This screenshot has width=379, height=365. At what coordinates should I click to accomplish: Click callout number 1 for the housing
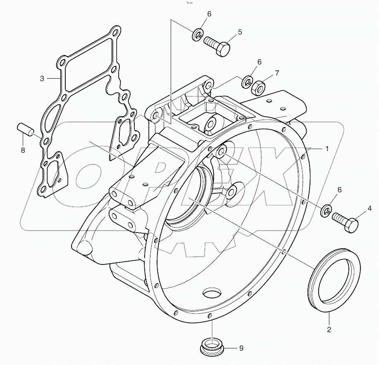point(327,148)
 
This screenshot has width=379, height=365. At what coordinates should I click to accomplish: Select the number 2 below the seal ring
point(329,330)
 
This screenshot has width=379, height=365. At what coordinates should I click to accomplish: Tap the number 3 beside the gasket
point(42,78)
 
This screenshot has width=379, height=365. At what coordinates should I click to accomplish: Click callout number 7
point(277,73)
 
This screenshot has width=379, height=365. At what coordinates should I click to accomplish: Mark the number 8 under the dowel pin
point(23,150)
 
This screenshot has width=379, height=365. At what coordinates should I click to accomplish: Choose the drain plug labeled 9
point(213,347)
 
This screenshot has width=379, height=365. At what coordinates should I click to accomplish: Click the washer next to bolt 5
point(198,35)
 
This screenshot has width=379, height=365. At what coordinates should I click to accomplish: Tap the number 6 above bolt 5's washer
point(209,14)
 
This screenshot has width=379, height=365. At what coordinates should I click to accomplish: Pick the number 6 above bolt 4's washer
point(339,190)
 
